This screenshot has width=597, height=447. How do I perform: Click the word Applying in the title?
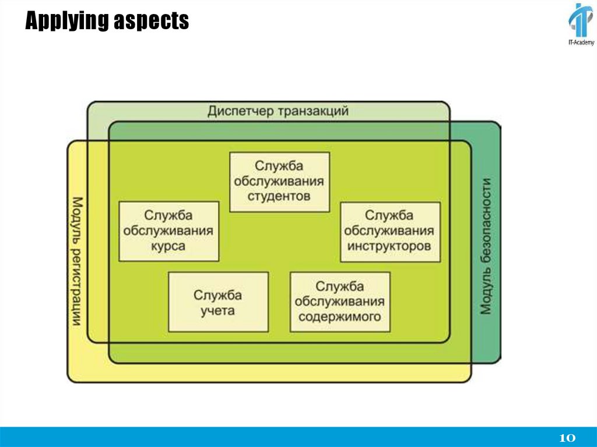[65, 22]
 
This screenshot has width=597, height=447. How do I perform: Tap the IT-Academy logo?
[581, 22]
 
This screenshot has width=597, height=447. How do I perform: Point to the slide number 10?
[567, 437]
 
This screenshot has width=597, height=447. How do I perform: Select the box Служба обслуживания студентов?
[279, 181]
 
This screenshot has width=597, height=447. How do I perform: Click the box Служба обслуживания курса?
[169, 231]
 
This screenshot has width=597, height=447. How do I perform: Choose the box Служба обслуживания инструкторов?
[390, 231]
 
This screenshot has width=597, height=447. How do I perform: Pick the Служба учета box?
[218, 302]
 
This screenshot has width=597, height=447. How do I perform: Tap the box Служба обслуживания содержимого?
[340, 302]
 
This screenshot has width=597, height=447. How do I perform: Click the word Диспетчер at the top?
[240, 111]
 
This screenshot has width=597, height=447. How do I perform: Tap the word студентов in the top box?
[279, 196]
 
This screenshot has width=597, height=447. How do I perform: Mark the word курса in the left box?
[169, 246]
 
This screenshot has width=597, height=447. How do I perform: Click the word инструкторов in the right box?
[390, 246]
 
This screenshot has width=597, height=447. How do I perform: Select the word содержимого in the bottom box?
[340, 316]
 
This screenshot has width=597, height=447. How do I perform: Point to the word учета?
[218, 310]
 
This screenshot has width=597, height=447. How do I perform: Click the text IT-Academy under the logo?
[580, 43]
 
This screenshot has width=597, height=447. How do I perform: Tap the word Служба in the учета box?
[218, 294]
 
